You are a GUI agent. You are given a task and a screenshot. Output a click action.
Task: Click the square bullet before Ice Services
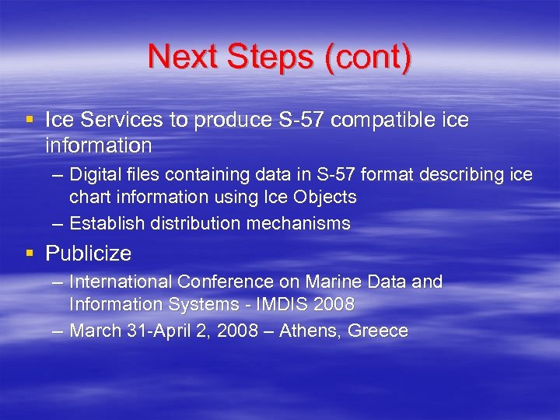[x=29, y=121]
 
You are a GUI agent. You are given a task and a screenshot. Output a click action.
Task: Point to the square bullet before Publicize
[x=29, y=254]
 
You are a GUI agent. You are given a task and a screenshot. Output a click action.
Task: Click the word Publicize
[x=89, y=254]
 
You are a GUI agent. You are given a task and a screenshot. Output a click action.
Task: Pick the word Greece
[x=378, y=331]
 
